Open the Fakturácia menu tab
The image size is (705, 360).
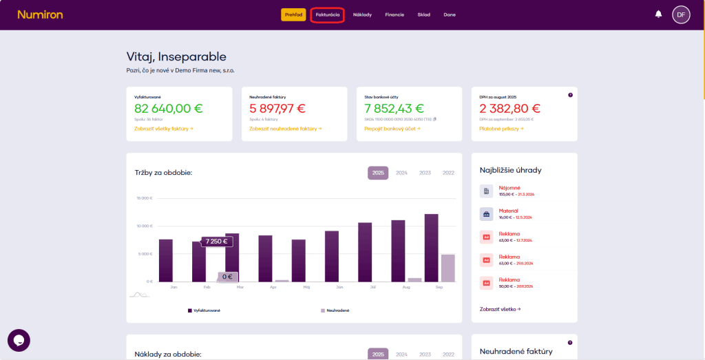point(327,14)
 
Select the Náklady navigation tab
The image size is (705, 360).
point(362,14)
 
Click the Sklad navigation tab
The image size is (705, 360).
point(423,14)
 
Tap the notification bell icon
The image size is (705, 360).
point(658,14)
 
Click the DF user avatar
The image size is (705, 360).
point(681,14)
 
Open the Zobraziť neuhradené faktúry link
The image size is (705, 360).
point(284,128)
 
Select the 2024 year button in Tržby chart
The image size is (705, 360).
point(401,173)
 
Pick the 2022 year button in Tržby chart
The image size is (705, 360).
point(448,173)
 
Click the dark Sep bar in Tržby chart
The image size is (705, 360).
point(431,248)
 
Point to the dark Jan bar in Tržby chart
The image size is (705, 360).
point(166,260)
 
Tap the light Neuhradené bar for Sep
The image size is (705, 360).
point(448,268)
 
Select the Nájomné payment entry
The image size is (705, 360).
point(509,191)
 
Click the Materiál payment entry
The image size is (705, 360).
point(509,213)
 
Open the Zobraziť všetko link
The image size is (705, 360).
point(500,309)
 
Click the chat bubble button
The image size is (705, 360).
point(19,340)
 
